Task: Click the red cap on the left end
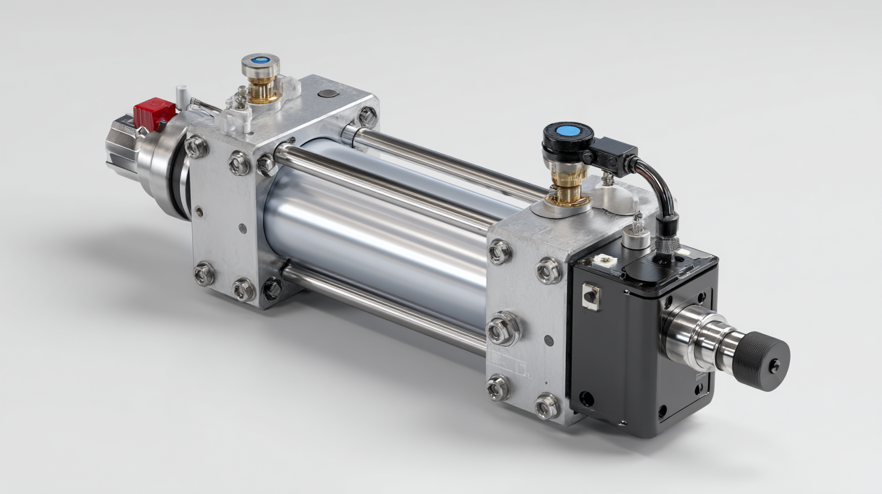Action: pos(154,113)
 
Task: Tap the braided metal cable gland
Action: pos(666,245)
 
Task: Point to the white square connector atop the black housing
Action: pos(604,259)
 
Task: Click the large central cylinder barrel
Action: pos(376,242)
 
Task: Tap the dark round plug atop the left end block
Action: pos(328,93)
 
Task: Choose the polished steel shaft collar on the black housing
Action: pos(691,336)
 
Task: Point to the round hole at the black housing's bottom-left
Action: pos(586,398)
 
